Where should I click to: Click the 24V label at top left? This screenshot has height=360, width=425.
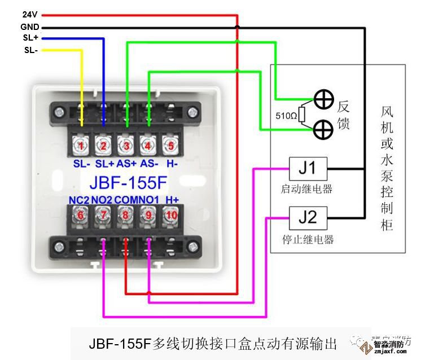point(29,15)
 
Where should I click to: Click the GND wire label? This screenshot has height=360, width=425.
point(29,27)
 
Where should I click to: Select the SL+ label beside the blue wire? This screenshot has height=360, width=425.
point(30,38)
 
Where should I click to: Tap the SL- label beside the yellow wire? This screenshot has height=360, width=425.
point(30,50)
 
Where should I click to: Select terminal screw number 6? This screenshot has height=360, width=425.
point(81,214)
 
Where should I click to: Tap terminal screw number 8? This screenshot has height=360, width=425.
point(126,214)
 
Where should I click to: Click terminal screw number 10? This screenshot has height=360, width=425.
point(171,214)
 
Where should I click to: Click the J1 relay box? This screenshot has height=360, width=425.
point(307,168)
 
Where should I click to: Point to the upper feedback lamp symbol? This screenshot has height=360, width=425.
point(323,100)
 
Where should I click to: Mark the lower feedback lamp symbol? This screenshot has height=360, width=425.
point(323,129)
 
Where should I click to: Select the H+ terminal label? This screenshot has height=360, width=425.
point(172,200)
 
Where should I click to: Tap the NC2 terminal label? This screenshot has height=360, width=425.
point(79,200)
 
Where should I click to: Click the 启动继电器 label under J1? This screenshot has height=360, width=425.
point(307,188)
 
